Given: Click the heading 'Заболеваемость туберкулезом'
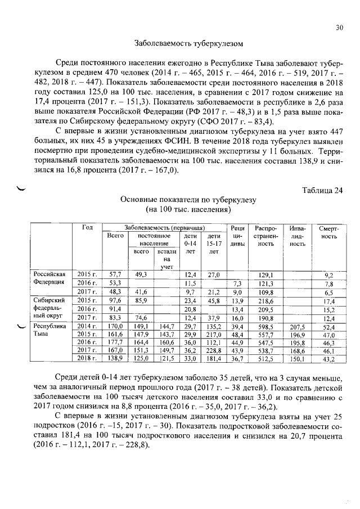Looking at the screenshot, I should tap(180, 43).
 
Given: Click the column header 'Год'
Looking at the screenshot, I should tap(87, 227).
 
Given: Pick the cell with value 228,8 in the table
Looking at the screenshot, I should tap(213, 350).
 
